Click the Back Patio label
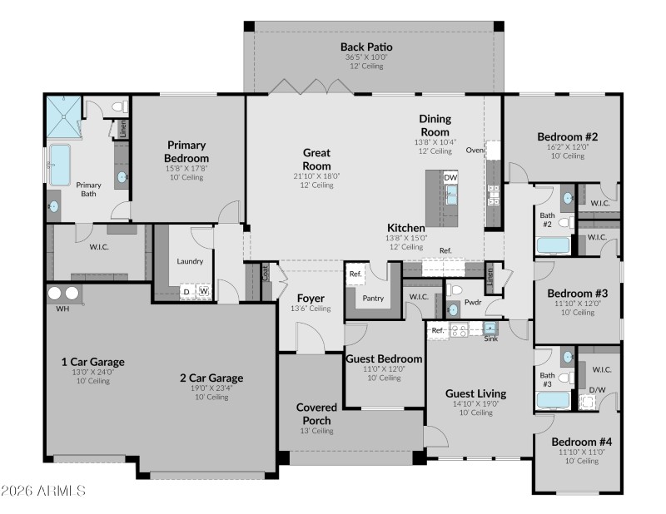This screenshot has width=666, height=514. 366,47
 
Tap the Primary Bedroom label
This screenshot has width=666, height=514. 186,151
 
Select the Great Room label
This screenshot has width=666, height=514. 316,159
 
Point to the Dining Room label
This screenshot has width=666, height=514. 435,126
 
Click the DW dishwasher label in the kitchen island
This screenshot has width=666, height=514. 450,177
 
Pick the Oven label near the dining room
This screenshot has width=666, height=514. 475,151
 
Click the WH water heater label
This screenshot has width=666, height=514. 62,309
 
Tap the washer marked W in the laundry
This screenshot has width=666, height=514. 203,292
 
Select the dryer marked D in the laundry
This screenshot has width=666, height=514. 186,292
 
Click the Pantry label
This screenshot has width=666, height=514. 374,297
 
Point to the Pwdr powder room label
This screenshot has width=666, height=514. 475,303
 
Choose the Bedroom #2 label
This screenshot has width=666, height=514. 568,136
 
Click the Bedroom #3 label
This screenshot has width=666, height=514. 577,293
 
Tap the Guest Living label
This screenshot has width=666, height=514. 475,393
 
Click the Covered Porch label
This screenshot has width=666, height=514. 316,413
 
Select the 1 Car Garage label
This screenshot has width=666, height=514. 92,362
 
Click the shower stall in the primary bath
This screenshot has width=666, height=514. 62,117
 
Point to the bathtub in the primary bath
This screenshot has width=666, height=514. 60,165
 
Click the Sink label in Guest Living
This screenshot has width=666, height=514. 491,339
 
